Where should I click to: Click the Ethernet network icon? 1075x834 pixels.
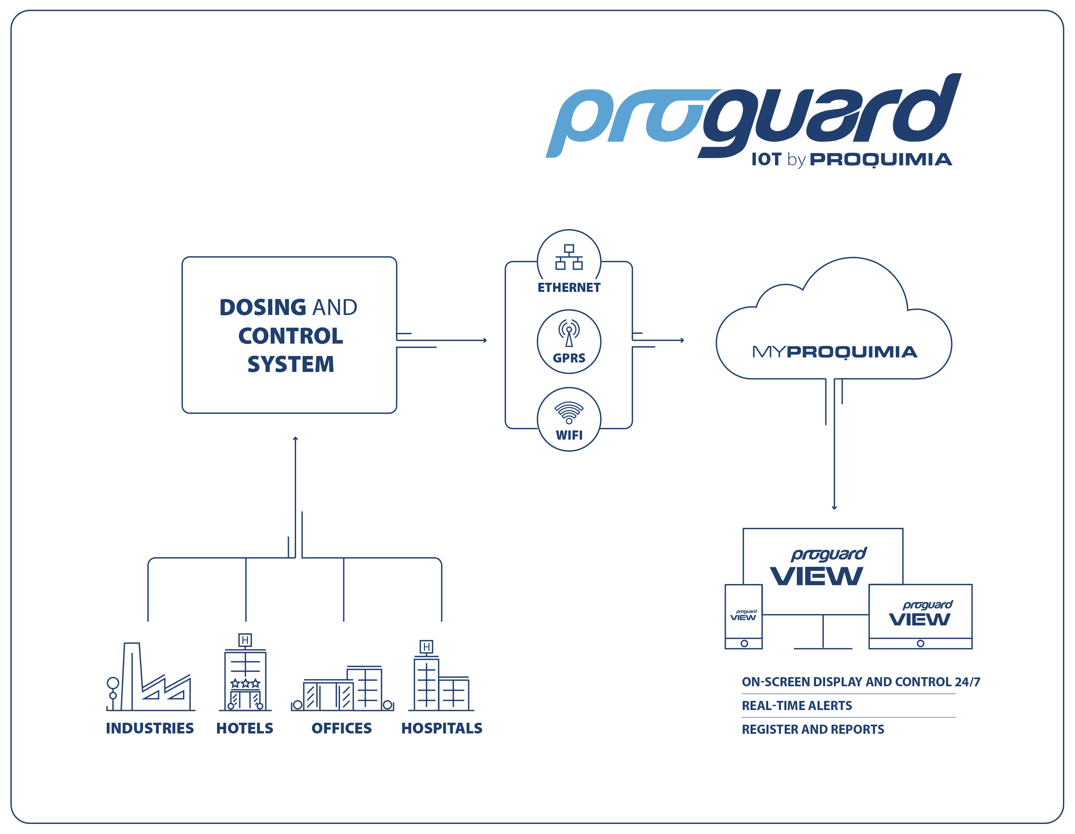(569, 257)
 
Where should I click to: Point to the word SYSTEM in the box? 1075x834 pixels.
(291, 364)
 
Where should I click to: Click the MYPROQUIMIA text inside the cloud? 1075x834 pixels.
(834, 352)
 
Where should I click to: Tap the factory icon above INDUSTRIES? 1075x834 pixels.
(151, 677)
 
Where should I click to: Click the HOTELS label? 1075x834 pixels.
(245, 728)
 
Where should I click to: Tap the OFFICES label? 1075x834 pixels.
(342, 728)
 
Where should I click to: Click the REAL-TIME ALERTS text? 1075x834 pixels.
(796, 705)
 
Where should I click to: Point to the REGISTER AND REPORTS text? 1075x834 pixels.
(813, 729)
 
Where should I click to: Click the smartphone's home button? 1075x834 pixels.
(744, 643)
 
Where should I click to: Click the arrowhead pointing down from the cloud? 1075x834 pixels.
(834, 508)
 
